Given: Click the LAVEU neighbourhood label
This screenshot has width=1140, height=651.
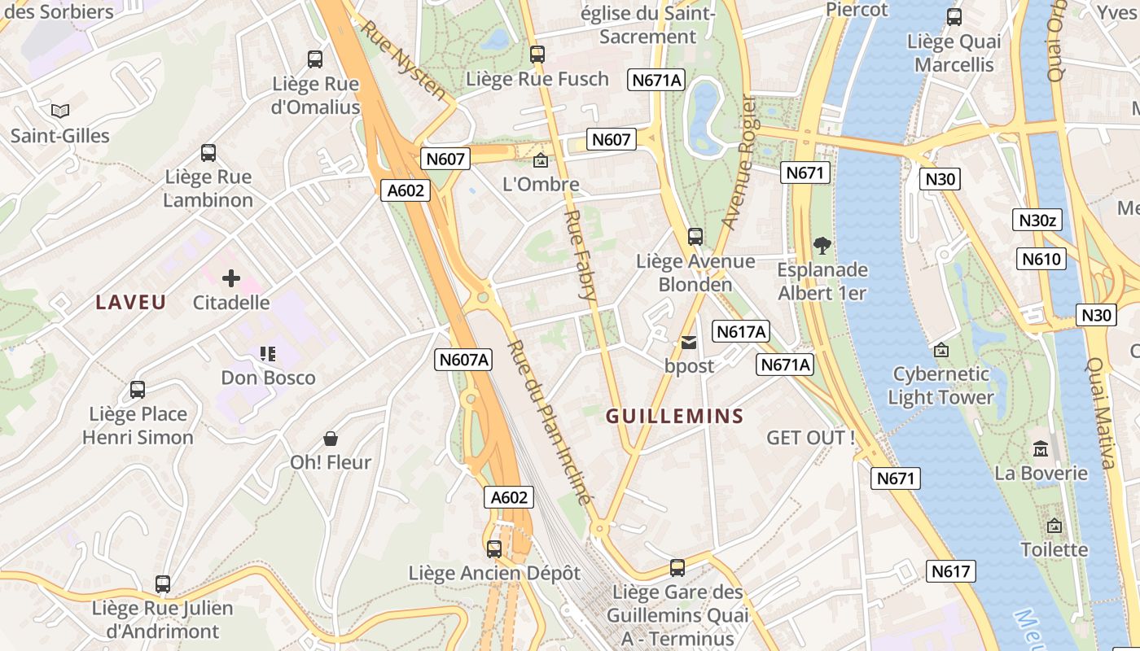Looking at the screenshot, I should point(131,303).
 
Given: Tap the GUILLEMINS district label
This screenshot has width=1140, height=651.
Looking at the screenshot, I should point(675,417).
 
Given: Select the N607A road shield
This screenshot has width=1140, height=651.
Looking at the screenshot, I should point(463,360).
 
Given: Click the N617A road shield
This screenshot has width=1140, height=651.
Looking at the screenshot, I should point(740,331).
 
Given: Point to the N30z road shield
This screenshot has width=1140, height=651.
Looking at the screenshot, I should point(1040,220).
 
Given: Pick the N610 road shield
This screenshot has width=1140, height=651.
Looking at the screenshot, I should point(1041,260).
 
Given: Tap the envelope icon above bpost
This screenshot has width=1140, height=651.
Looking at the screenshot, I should point(689,343).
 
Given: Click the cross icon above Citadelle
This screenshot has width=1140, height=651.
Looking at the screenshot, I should point(231,278).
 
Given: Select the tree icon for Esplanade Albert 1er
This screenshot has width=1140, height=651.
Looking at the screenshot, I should point(822,245).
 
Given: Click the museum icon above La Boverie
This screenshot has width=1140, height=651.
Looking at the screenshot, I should point(1041,448).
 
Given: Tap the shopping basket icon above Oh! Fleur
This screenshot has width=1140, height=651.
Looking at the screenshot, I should point(331,439).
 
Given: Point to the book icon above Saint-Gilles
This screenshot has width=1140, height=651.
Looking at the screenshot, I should point(60,111).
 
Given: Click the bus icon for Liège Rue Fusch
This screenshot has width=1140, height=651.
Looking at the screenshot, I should point(537,55).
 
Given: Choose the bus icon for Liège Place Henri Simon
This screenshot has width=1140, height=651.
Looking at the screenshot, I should point(138,390).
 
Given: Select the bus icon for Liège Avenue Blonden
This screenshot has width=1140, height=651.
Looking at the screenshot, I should point(695,237).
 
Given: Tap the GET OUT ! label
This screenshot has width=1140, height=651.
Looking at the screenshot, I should point(811,438).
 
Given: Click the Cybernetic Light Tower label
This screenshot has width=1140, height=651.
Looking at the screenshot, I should point(941,386).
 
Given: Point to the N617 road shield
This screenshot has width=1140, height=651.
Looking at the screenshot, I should point(950,571).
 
